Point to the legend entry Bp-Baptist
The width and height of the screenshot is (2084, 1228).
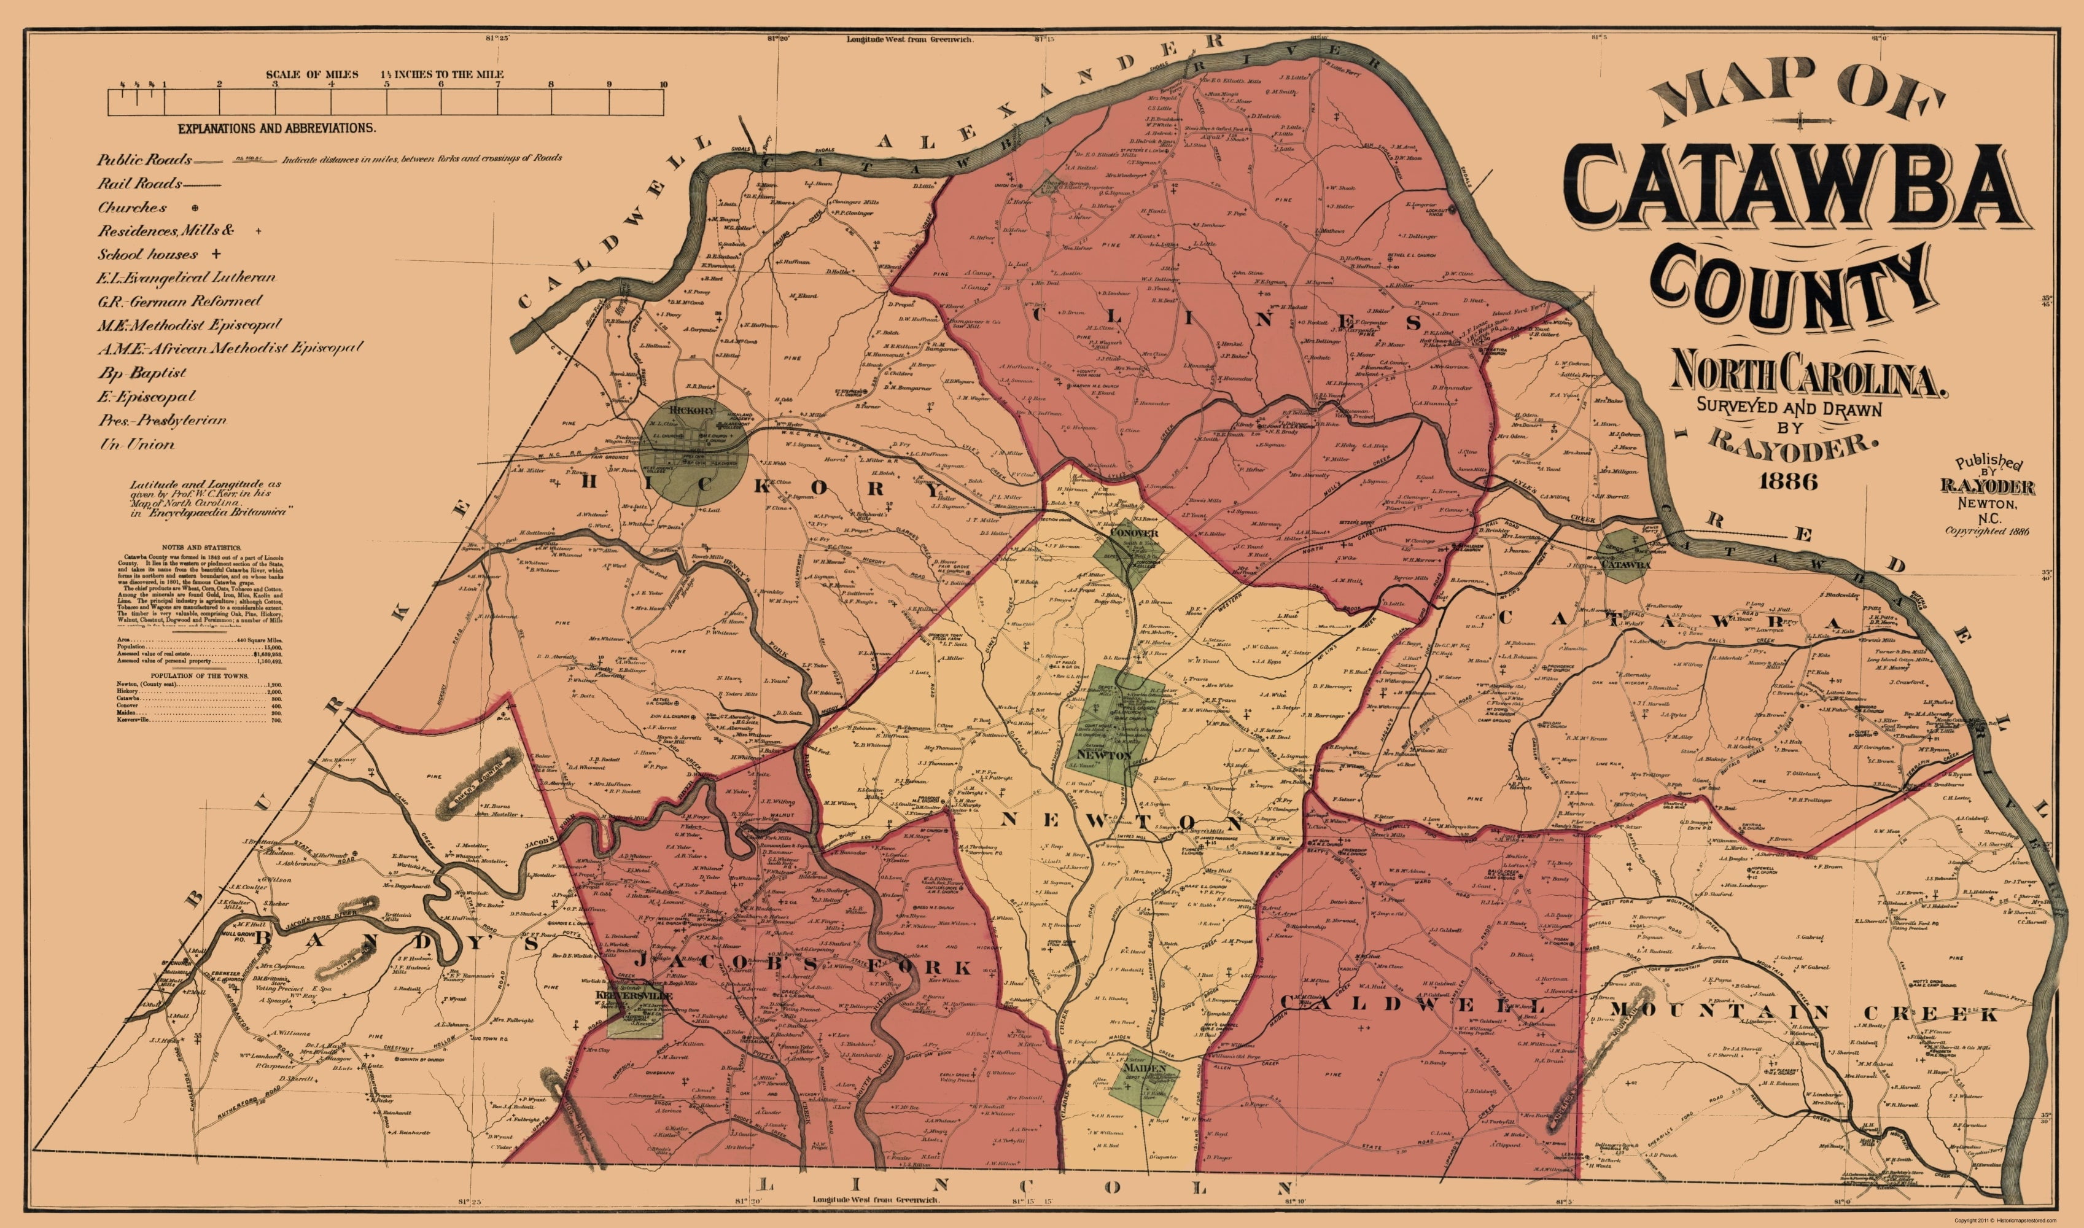point(142,373)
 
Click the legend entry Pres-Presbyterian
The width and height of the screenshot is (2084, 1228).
point(161,421)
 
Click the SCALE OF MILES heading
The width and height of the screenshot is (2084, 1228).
point(312,74)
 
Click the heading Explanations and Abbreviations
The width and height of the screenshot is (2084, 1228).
point(277,128)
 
